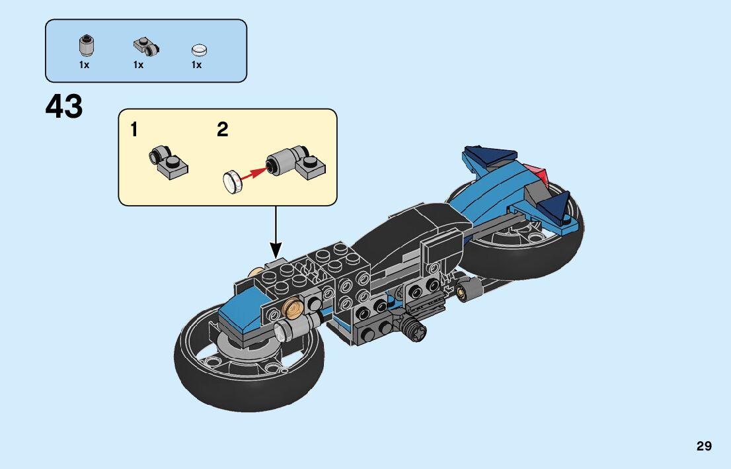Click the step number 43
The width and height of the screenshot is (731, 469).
coord(64,107)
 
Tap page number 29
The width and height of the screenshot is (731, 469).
coord(704,446)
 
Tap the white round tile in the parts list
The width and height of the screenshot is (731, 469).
coord(198,50)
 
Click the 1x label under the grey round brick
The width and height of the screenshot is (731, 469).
coord(84,65)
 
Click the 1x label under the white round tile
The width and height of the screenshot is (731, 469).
coord(196,65)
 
